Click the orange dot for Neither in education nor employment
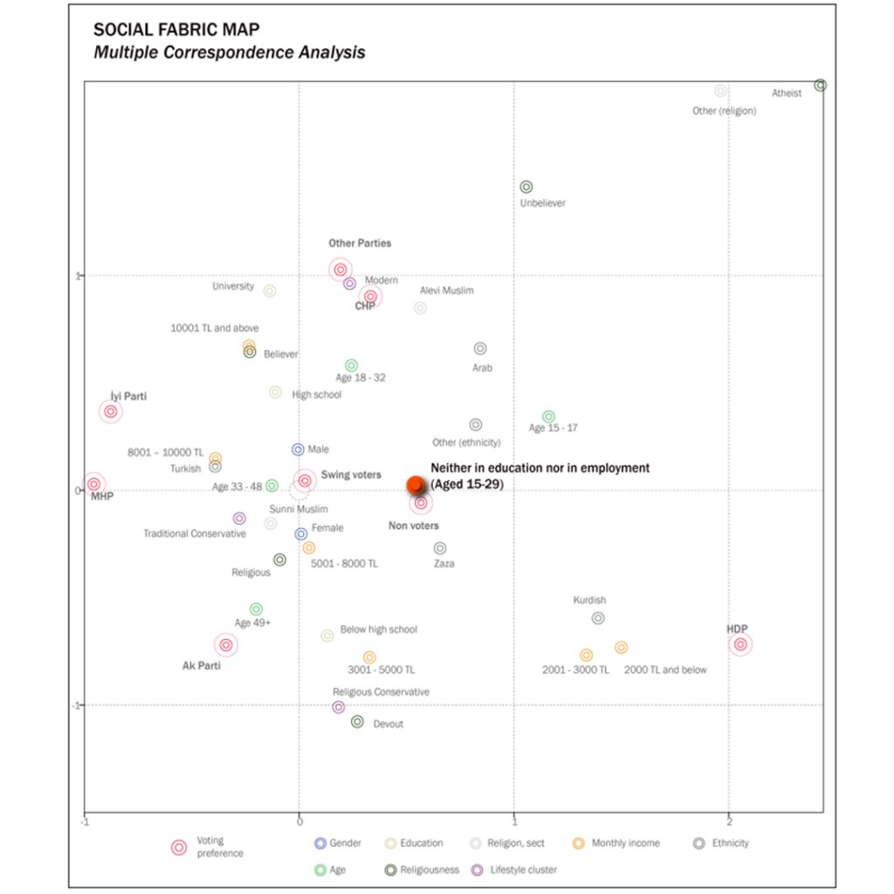[x=416, y=485]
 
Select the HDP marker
[x=740, y=644]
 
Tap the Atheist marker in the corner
[x=820, y=86]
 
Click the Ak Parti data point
[x=226, y=645]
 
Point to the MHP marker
[x=93, y=485]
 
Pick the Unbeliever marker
[x=526, y=187]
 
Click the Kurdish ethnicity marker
[x=598, y=618]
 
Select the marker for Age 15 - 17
[x=548, y=417]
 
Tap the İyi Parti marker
[x=110, y=412]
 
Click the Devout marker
[x=357, y=722]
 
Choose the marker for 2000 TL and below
[x=621, y=648]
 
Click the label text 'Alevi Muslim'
[x=446, y=291]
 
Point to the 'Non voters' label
[x=414, y=526]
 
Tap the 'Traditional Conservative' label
[x=195, y=533]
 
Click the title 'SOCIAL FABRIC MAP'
[x=175, y=30]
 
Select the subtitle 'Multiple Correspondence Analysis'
[x=230, y=52]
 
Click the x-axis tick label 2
[x=729, y=822]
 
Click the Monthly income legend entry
[x=625, y=843]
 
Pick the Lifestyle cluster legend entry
[x=523, y=870]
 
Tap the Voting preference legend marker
[x=179, y=847]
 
